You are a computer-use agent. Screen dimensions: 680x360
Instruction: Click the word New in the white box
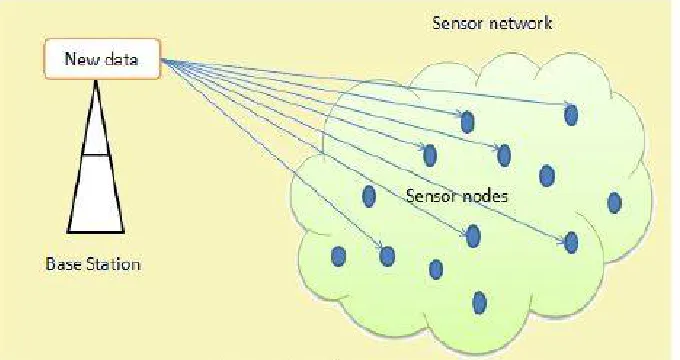click(x=81, y=59)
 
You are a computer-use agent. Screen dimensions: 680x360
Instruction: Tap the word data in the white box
click(x=121, y=59)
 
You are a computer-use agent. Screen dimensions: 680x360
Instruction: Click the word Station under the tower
click(x=114, y=264)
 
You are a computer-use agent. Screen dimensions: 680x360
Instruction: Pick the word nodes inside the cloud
click(x=484, y=196)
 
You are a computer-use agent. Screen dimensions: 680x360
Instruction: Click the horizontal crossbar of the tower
click(x=96, y=154)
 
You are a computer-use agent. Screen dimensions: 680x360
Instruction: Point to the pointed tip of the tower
click(x=96, y=81)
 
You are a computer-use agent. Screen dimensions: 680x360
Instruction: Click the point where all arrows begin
click(x=161, y=59)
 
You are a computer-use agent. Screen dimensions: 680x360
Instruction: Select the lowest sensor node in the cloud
click(x=479, y=303)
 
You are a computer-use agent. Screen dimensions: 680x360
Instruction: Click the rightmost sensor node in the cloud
click(x=615, y=203)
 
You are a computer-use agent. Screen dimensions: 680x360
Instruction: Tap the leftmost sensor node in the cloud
click(x=338, y=256)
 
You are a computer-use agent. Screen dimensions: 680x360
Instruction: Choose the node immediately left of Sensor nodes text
click(x=369, y=196)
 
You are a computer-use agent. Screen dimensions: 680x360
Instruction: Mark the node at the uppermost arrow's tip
click(x=571, y=115)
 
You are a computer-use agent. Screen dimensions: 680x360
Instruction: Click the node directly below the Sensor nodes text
click(x=473, y=236)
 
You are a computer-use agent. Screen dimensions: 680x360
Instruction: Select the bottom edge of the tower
click(x=96, y=232)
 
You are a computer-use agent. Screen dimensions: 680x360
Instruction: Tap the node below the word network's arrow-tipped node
click(x=547, y=176)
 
